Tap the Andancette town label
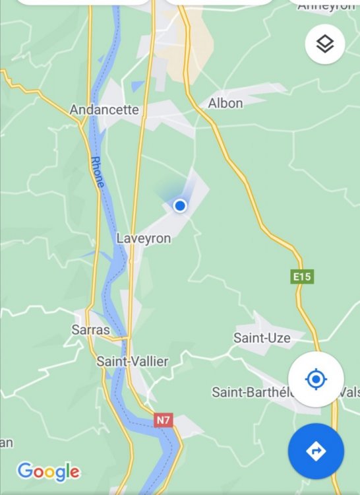coord(104,110)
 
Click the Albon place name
coord(225,103)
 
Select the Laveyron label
coord(143,238)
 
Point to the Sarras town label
coord(90,329)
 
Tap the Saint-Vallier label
coord(132,361)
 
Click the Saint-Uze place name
coord(262,338)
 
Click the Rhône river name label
coord(97,172)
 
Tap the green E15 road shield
coord(302,277)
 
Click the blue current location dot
coord(179,206)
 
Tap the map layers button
coord(325,44)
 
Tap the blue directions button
coord(316,451)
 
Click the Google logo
coord(48,471)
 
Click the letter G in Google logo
coord(25,471)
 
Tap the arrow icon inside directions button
coord(316,451)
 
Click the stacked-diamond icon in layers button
coord(325,44)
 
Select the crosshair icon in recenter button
coord(316,379)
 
